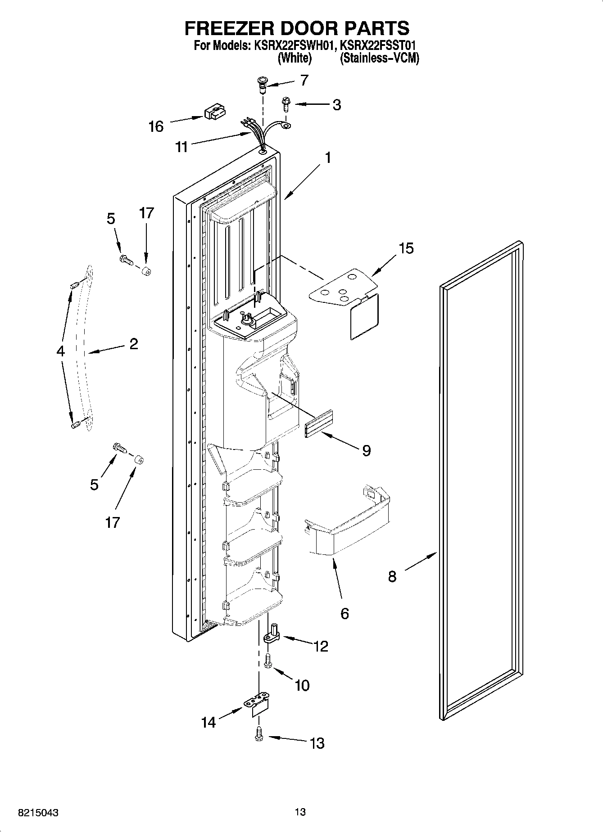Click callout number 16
[x=156, y=126]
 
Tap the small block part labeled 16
[x=215, y=112]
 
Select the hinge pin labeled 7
[x=262, y=84]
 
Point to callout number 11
[x=181, y=147]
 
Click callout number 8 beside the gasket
[x=392, y=576]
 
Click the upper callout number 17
[x=146, y=212]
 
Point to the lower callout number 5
[x=94, y=485]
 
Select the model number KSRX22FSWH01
[x=293, y=45]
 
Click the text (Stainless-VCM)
[x=379, y=58]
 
